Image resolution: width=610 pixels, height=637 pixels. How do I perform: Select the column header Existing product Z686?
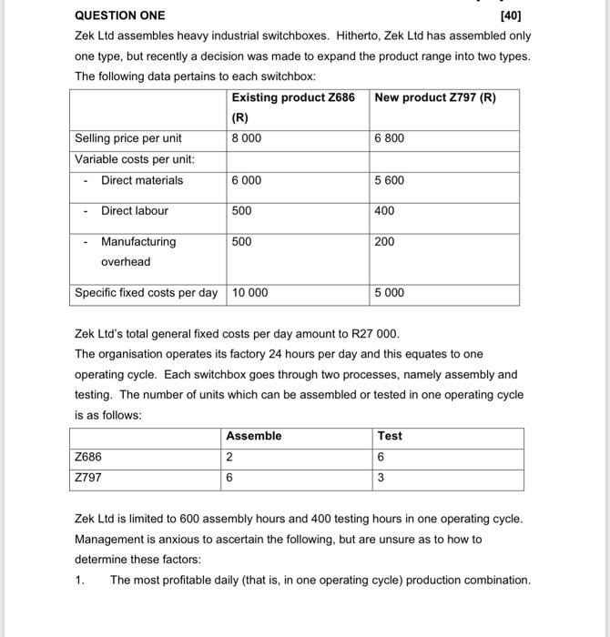[292, 97]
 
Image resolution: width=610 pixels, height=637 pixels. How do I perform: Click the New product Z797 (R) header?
[435, 97]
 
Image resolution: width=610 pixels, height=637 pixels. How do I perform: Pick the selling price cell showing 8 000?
[247, 138]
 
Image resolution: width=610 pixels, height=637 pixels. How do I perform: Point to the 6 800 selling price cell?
[389, 138]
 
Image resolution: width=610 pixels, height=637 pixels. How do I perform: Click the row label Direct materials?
[141, 180]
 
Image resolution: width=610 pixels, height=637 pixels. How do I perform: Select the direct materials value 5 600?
[389, 180]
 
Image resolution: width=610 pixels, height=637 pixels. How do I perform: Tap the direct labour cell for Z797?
[384, 211]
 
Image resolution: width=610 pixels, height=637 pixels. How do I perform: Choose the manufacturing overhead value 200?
[384, 242]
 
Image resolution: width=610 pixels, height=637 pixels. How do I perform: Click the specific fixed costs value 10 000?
[250, 293]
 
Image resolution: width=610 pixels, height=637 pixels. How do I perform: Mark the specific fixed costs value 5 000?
[389, 293]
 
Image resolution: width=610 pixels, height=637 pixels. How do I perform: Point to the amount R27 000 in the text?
[373, 334]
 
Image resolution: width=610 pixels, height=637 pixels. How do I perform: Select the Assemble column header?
[254, 437]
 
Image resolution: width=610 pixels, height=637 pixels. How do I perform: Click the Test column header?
[390, 437]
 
